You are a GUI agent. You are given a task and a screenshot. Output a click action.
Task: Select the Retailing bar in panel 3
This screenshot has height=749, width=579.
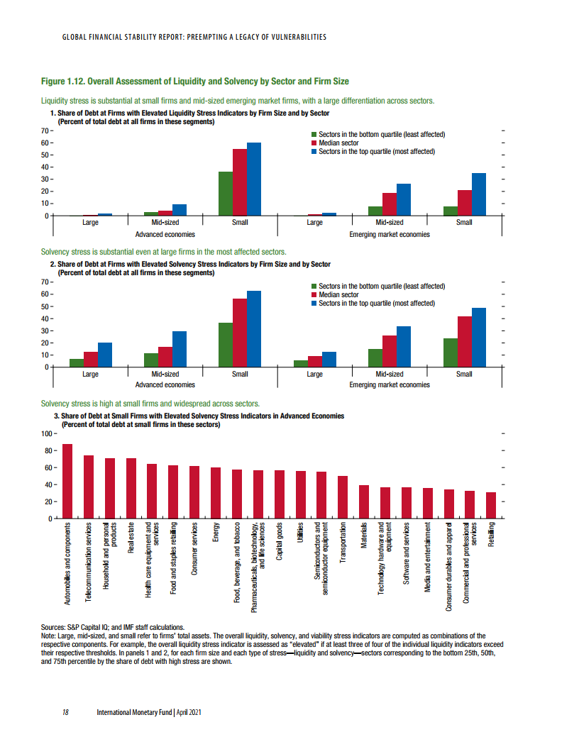click(x=491, y=505)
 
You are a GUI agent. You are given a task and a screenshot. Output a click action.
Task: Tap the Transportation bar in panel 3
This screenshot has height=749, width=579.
click(x=343, y=497)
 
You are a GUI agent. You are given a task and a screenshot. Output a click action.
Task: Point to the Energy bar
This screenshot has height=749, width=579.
click(x=216, y=493)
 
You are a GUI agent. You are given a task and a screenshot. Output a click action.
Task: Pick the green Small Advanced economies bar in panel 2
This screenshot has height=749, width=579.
click(x=225, y=345)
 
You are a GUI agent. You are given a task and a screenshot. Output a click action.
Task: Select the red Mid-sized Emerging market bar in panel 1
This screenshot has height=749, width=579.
click(x=390, y=204)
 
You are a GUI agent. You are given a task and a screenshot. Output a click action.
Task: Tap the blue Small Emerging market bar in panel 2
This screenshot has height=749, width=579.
click(x=479, y=337)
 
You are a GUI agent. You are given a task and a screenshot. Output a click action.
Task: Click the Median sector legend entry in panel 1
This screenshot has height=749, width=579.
click(x=338, y=143)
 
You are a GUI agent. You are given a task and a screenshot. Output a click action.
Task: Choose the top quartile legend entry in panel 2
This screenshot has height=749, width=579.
click(x=376, y=303)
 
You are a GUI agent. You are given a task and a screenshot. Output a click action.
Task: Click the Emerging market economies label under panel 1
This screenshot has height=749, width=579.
click(x=389, y=234)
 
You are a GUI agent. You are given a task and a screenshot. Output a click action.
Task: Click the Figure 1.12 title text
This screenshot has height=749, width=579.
click(x=195, y=82)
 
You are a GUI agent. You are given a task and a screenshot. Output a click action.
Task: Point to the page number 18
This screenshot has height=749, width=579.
click(x=65, y=711)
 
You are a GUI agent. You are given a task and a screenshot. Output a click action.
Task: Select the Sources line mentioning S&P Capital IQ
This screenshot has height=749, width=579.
click(x=113, y=627)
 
